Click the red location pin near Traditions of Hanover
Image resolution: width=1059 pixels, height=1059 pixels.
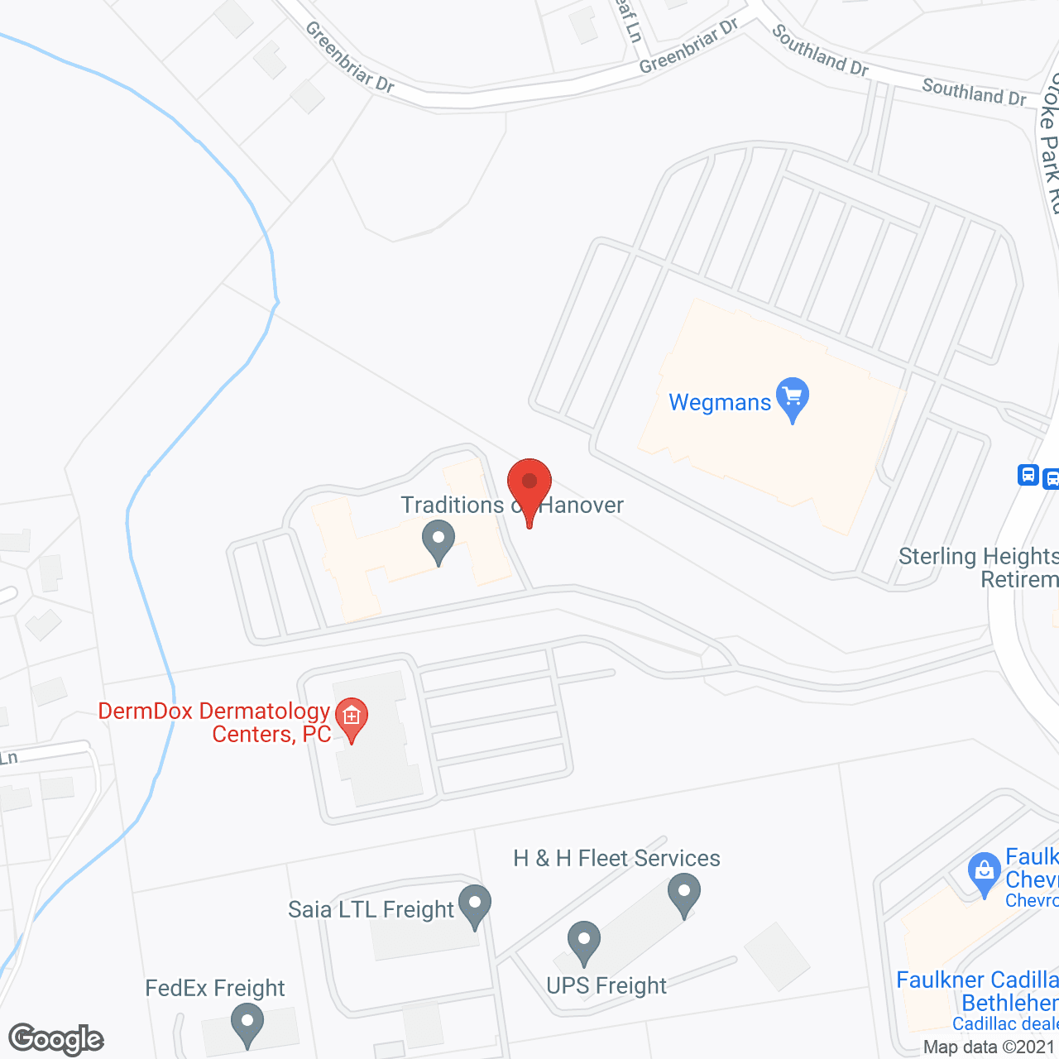[529, 484]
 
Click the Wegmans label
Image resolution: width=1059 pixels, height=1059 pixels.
[720, 403]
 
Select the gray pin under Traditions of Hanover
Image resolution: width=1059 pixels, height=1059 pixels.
[438, 540]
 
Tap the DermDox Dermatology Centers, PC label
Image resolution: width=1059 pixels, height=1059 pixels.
[215, 722]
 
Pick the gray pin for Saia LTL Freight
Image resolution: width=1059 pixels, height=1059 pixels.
[475, 905]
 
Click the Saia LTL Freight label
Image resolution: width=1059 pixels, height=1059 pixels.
[371, 910]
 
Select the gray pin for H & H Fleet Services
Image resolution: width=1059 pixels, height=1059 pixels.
[684, 894]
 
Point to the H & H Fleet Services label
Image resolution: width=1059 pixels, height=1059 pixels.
[616, 859]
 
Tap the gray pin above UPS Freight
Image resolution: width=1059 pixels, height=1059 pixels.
[584, 942]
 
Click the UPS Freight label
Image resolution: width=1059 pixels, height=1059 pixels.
[606, 986]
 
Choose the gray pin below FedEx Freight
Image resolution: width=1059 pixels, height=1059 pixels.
[247, 1023]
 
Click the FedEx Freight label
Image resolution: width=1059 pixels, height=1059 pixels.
[215, 989]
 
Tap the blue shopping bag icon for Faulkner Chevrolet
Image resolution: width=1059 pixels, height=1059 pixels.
[984, 872]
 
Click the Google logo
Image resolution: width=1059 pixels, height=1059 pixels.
[56, 1039]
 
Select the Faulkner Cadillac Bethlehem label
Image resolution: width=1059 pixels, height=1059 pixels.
[977, 992]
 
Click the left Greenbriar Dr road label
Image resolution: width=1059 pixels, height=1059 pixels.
[349, 57]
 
